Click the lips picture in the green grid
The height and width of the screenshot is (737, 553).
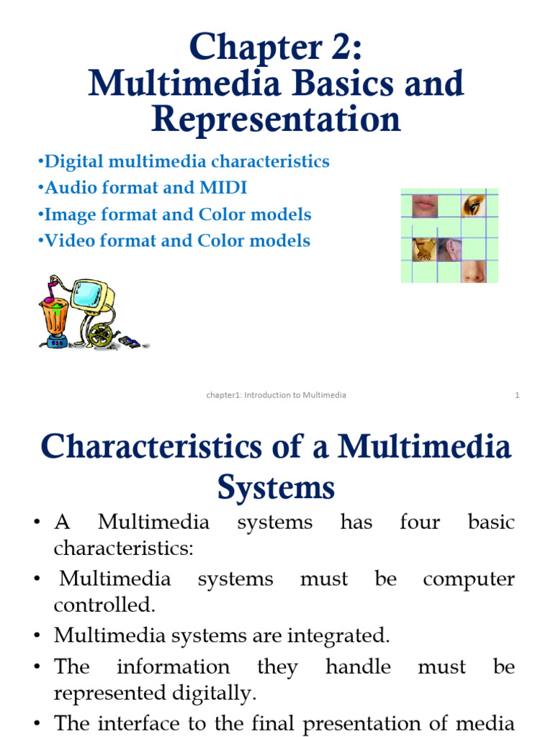pyautogui.click(x=424, y=206)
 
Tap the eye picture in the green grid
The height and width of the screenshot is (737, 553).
pyautogui.click(x=473, y=206)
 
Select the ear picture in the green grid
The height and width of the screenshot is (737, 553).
pyautogui.click(x=449, y=249)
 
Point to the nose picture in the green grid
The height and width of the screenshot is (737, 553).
pyautogui.click(x=473, y=271)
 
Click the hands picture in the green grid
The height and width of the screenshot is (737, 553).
pyautogui.click(x=423, y=249)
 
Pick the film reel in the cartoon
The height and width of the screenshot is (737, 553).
pyautogui.click(x=102, y=335)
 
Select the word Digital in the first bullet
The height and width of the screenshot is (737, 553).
pyautogui.click(x=71, y=161)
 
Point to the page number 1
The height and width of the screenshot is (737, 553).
pyautogui.click(x=517, y=395)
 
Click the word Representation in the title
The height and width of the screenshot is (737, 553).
pyautogui.click(x=276, y=119)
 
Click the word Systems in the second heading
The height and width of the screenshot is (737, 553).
pyautogui.click(x=276, y=487)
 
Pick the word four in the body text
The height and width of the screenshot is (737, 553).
pyautogui.click(x=419, y=522)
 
